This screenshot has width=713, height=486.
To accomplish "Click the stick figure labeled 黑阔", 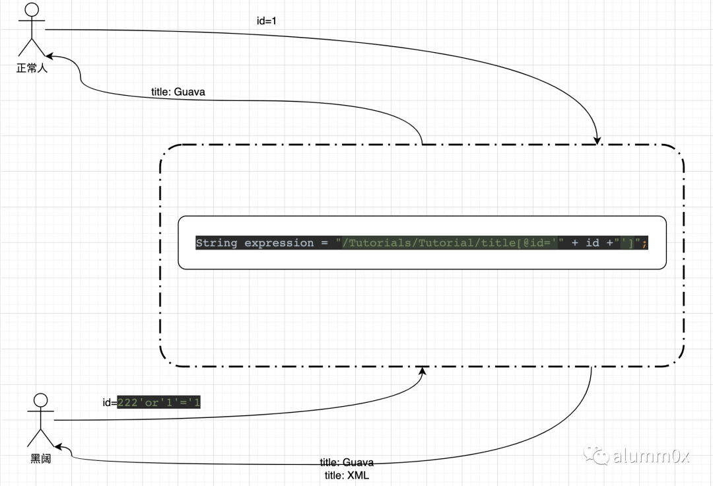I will point(40,420).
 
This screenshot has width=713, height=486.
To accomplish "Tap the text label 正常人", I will point(32,67).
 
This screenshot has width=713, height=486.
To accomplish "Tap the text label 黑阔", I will point(40,458).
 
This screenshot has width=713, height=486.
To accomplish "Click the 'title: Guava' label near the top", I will point(178,92).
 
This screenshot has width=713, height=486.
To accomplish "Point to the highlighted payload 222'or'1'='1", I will point(158,402).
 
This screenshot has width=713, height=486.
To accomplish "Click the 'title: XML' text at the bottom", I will point(347,475).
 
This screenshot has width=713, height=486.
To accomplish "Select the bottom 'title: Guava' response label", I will point(347,462).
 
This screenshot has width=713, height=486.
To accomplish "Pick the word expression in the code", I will point(279,243).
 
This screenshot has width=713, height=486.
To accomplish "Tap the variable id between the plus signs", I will point(593,243).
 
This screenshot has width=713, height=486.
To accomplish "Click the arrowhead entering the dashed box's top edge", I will point(597,139).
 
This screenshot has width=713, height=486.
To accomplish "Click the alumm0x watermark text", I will point(651,456).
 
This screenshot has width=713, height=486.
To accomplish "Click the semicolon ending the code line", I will point(644,243).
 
